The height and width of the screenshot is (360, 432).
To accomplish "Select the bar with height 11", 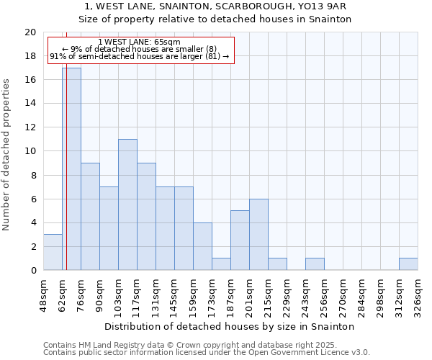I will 127,204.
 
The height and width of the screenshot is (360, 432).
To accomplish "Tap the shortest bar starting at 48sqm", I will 53,252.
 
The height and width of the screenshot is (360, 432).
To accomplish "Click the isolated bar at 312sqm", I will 408,264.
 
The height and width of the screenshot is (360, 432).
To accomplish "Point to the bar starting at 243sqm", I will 315,264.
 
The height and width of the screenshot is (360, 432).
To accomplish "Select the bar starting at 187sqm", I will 240,240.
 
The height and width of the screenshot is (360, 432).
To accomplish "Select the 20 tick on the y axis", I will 30,32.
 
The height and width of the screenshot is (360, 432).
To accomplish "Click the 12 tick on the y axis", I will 30,127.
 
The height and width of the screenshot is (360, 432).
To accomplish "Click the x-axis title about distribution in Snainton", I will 230,326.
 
